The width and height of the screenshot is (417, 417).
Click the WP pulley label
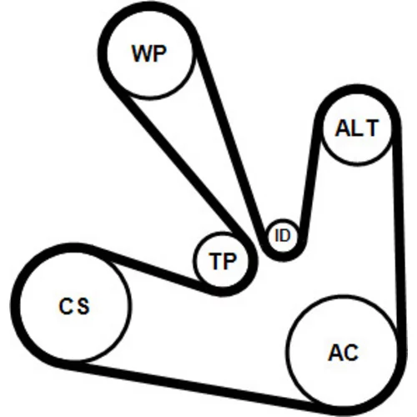[x=149, y=53]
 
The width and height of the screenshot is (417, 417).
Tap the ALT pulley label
[x=357, y=128]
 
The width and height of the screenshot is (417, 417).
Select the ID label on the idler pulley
[x=283, y=235]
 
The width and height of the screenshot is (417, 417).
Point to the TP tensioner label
[x=224, y=261]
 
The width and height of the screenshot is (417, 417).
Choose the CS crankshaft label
[x=74, y=306]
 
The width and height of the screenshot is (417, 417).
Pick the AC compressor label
[x=344, y=353]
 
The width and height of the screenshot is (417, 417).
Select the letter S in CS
[x=83, y=306]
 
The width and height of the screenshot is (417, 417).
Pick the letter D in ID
[x=284, y=235]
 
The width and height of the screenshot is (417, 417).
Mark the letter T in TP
[x=216, y=261]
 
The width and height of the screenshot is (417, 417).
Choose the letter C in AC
[x=351, y=353]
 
